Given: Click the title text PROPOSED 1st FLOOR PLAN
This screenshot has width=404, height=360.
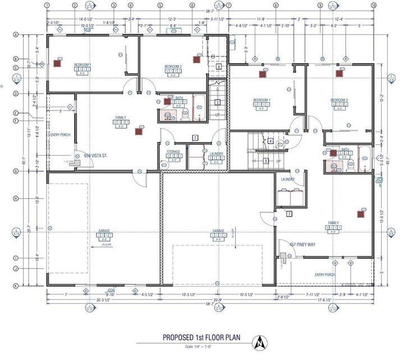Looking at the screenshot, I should (x=202, y=338).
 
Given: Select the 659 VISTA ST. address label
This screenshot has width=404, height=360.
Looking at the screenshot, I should (x=95, y=156).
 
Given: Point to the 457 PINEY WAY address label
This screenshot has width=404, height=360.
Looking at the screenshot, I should (x=302, y=245).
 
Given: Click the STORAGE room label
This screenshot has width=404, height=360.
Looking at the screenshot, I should (x=173, y=152).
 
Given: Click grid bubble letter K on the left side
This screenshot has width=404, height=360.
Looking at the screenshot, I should (x=16, y=286).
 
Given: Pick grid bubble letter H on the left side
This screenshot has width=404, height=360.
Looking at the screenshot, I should (x=16, y=198).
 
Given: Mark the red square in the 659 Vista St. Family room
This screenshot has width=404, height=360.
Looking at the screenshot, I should (x=139, y=131).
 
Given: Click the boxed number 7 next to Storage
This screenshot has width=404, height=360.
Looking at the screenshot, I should (x=195, y=138).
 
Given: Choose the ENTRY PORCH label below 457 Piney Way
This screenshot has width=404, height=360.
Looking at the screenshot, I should (x=325, y=275).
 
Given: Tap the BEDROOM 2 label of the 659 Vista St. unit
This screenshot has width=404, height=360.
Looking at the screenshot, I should (x=173, y=66).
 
